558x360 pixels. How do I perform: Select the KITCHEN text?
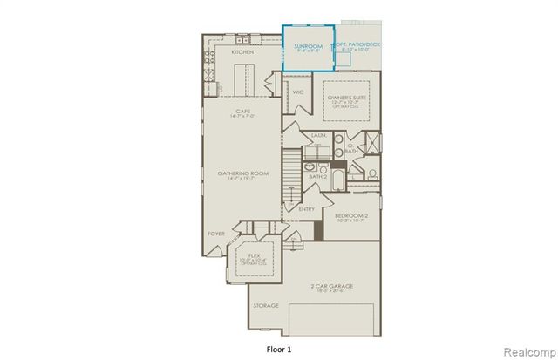(x=242, y=52)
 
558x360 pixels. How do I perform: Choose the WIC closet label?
(x=297, y=91)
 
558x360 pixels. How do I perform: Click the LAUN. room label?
(x=317, y=134)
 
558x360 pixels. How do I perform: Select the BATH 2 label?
(x=317, y=177)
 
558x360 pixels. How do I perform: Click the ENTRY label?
(x=307, y=208)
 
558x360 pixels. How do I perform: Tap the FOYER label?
(x=215, y=234)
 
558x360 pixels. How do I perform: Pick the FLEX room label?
(x=255, y=256)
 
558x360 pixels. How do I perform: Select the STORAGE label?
(x=266, y=306)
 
